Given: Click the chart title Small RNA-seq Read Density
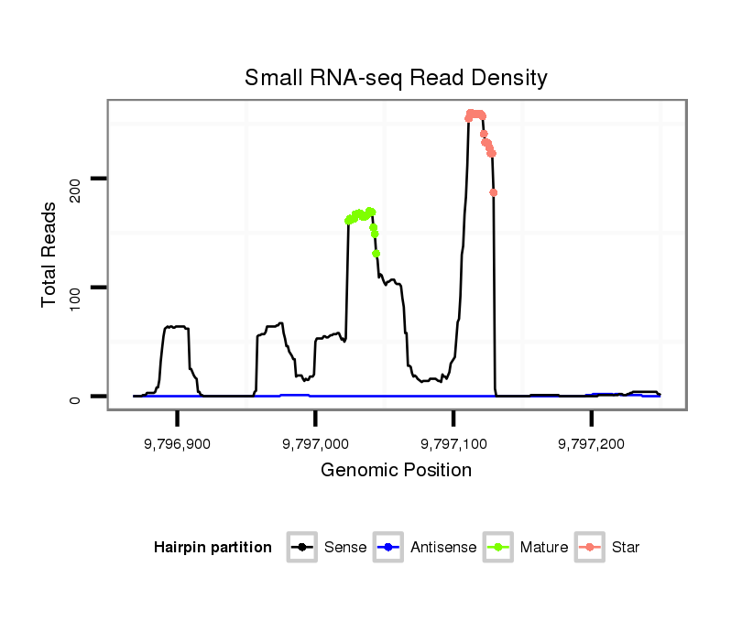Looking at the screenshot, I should pos(396,78).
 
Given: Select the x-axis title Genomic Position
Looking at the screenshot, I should pos(396,471).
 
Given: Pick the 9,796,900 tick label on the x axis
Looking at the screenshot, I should pos(178,443).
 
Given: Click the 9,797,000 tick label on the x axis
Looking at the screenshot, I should pos(315,443).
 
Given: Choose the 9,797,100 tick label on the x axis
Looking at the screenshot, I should pos(453,443).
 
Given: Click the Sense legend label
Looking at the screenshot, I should pos(345,548).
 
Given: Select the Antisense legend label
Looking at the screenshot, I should pos(443,548).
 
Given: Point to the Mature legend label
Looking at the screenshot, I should pos(544,548).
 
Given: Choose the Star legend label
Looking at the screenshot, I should pos(626,548).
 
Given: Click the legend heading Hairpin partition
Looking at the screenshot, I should pos(213,548).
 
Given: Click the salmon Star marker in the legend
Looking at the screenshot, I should pos(591,548).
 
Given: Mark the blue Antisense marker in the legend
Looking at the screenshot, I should pos(391,548).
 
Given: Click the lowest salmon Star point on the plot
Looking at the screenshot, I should pos(494,192).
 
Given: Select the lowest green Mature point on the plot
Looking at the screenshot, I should pos(376,254).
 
